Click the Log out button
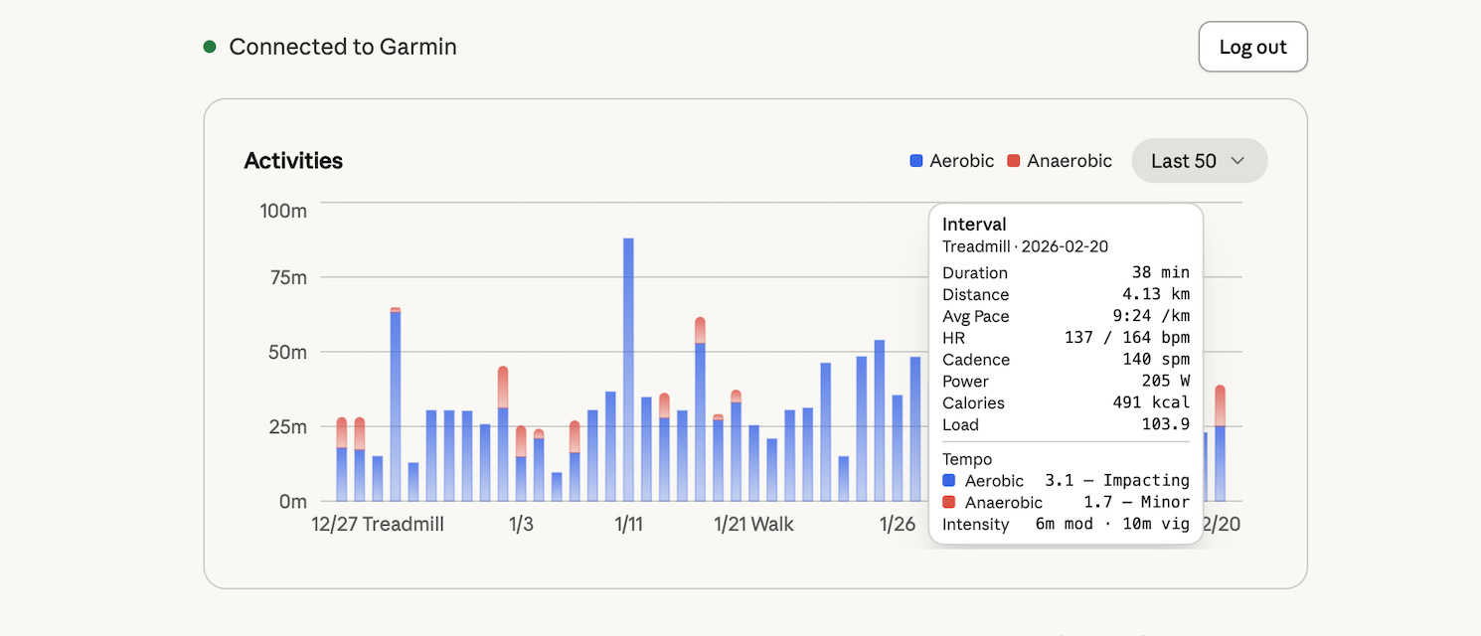1252,47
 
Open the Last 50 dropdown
1199,161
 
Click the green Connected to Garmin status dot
210,47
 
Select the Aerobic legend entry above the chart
951,161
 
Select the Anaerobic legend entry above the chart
1059,161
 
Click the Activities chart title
293,161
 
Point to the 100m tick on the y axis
283,211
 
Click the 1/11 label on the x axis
628,525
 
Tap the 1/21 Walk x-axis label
753,525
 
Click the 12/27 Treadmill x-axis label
377,525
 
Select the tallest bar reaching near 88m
628,368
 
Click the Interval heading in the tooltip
974,225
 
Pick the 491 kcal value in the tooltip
1151,403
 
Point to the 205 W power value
1165,382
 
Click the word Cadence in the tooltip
976,360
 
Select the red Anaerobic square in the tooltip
948,503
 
